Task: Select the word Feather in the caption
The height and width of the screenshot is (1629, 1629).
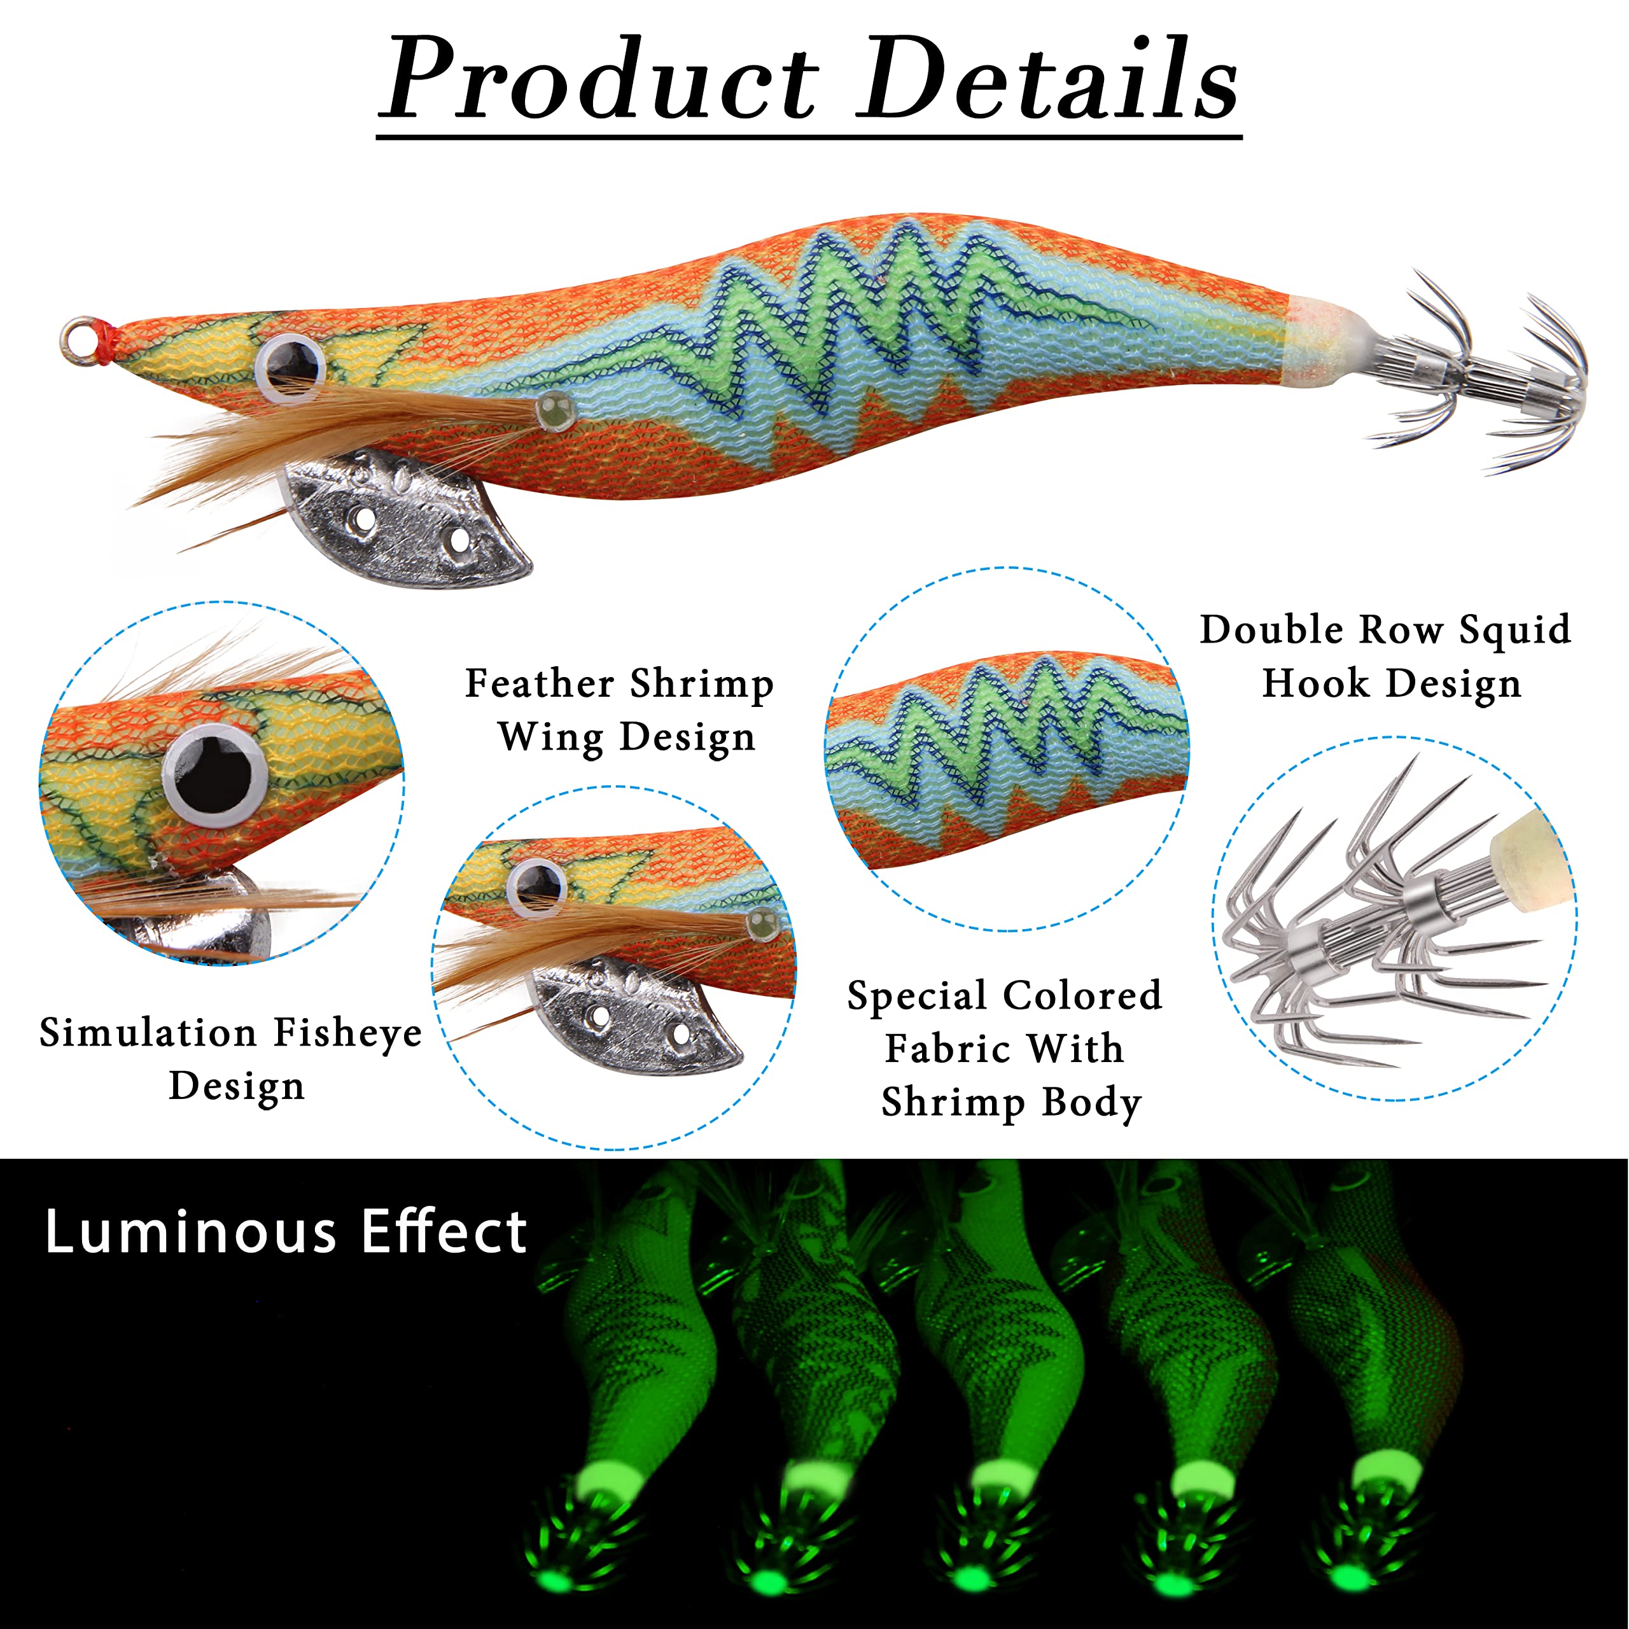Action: tap(540, 683)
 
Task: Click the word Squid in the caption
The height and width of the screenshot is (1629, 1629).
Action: tap(1515, 631)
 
